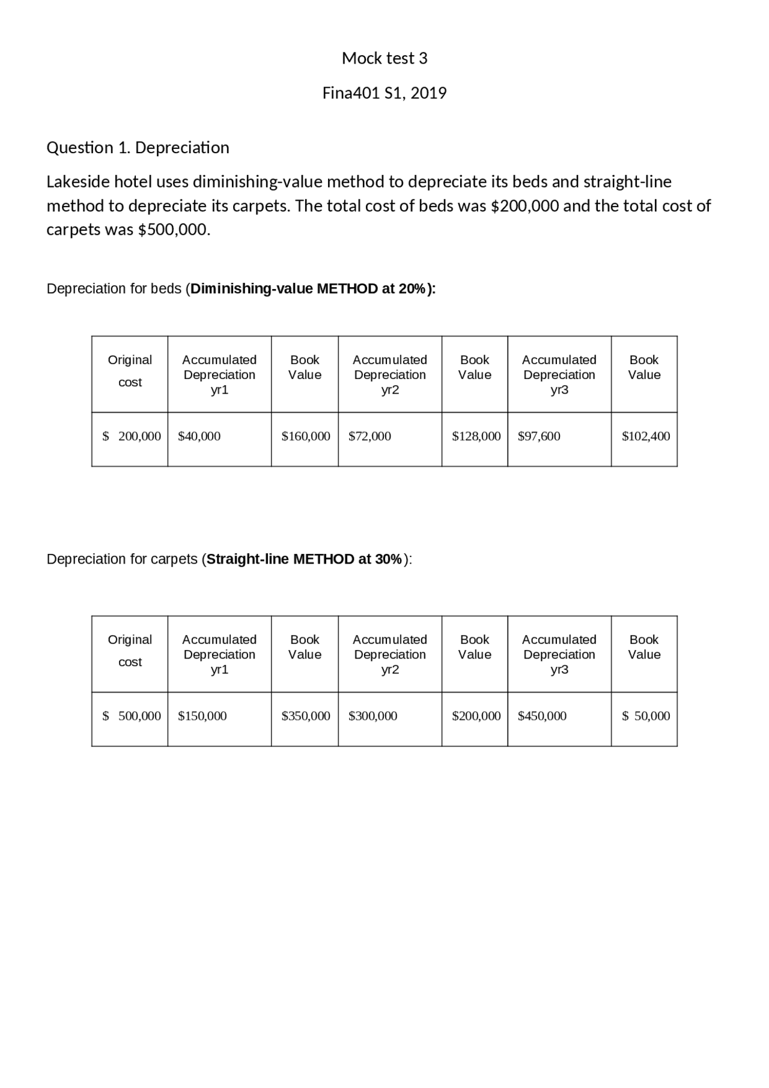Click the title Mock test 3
pyautogui.click(x=384, y=58)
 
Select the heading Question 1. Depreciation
pyautogui.click(x=138, y=148)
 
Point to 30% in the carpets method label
pyautogui.click(x=388, y=559)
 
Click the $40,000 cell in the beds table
pyautogui.click(x=199, y=436)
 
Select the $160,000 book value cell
pyautogui.click(x=306, y=436)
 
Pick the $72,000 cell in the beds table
pyautogui.click(x=369, y=436)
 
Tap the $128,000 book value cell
pyautogui.click(x=476, y=436)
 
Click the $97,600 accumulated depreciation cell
pyautogui.click(x=539, y=436)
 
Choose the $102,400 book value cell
pyautogui.click(x=646, y=436)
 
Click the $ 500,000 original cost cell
pyautogui.click(x=132, y=716)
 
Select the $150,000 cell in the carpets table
pyautogui.click(x=202, y=716)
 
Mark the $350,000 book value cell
pyautogui.click(x=306, y=716)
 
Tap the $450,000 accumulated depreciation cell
pyautogui.click(x=542, y=716)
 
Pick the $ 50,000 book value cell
pyautogui.click(x=646, y=716)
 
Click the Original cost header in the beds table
pyautogui.click(x=130, y=371)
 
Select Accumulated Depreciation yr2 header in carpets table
pyautogui.click(x=390, y=654)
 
